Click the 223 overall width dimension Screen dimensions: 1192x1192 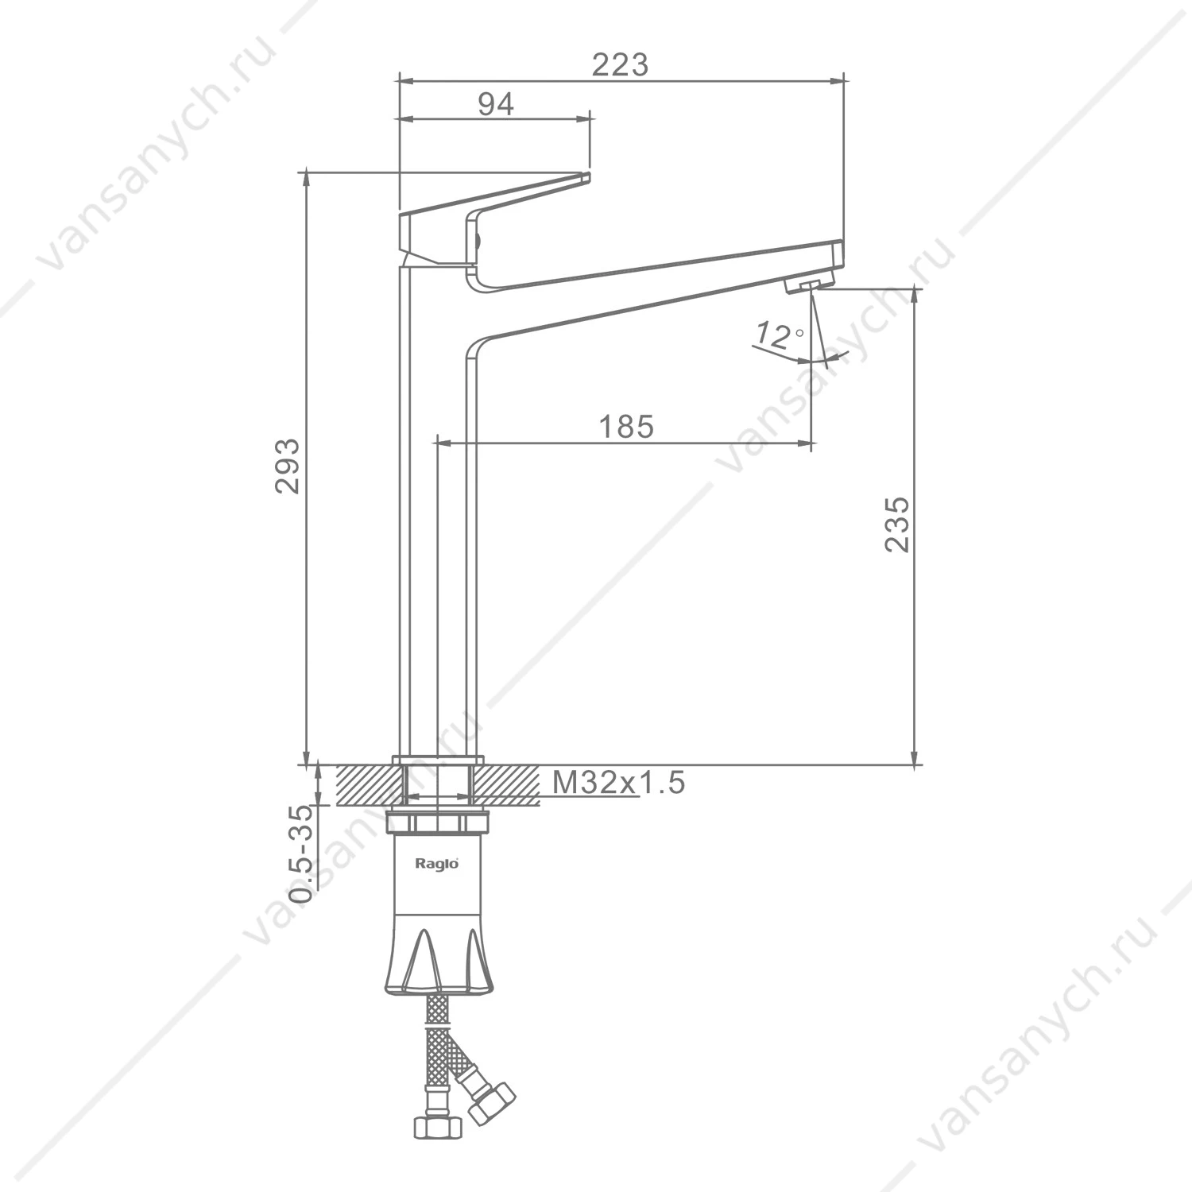coord(620,64)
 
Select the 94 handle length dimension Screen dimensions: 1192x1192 coord(496,104)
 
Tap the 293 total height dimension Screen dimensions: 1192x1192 coord(288,466)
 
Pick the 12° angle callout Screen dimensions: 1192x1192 coord(779,335)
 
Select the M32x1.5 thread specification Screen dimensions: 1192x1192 coord(618,783)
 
